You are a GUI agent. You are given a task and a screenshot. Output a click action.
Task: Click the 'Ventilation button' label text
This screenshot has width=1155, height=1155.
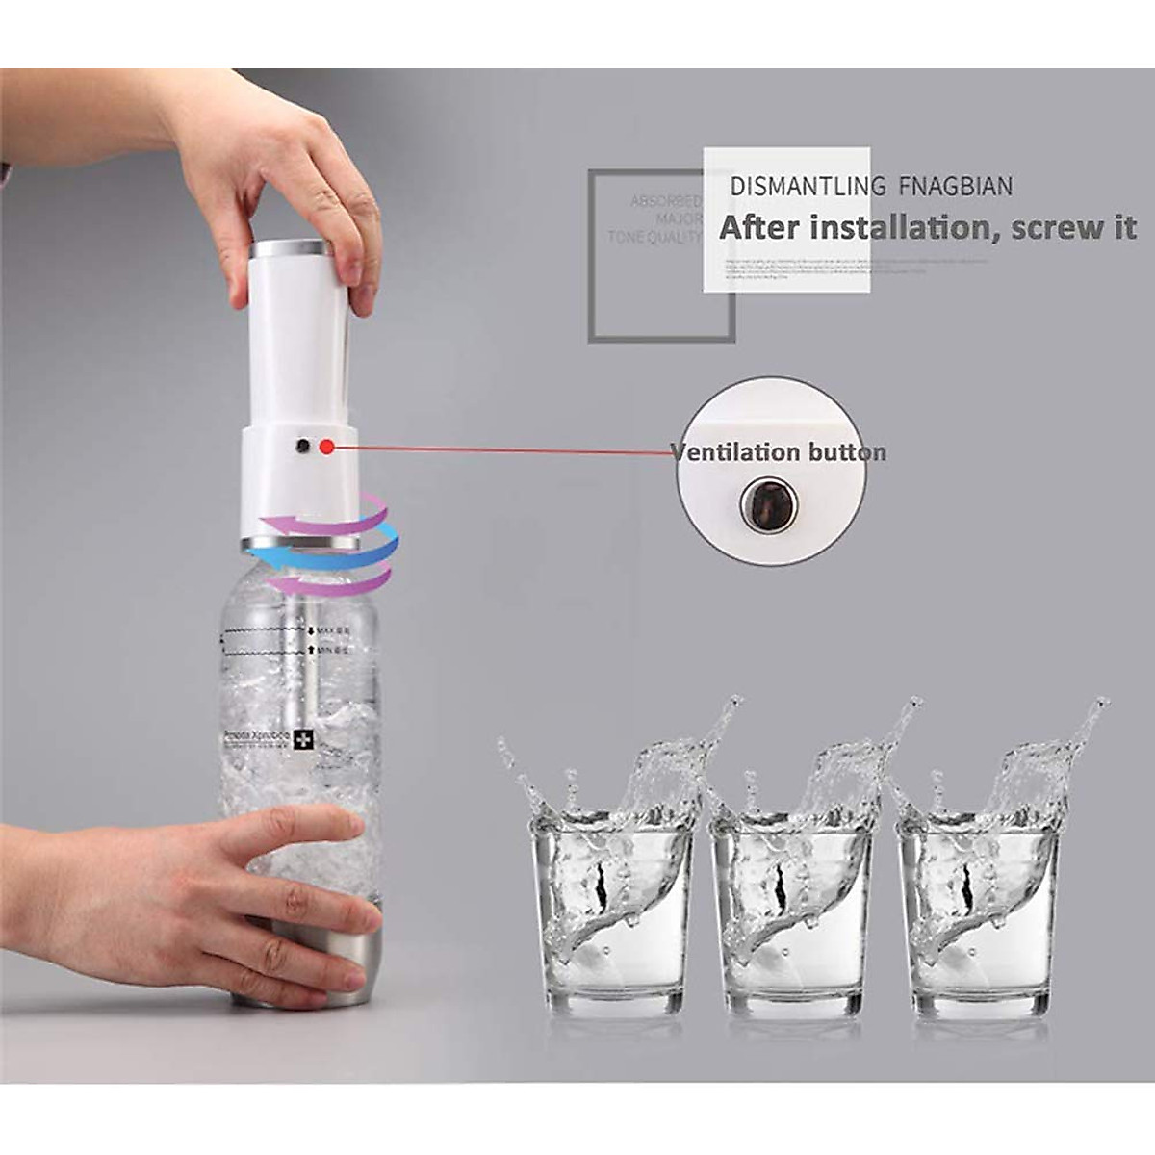tap(778, 452)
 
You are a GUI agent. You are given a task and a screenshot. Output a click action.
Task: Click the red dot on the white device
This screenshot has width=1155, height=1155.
tap(327, 447)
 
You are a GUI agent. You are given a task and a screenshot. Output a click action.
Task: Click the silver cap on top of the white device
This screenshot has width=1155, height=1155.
tap(292, 250)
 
